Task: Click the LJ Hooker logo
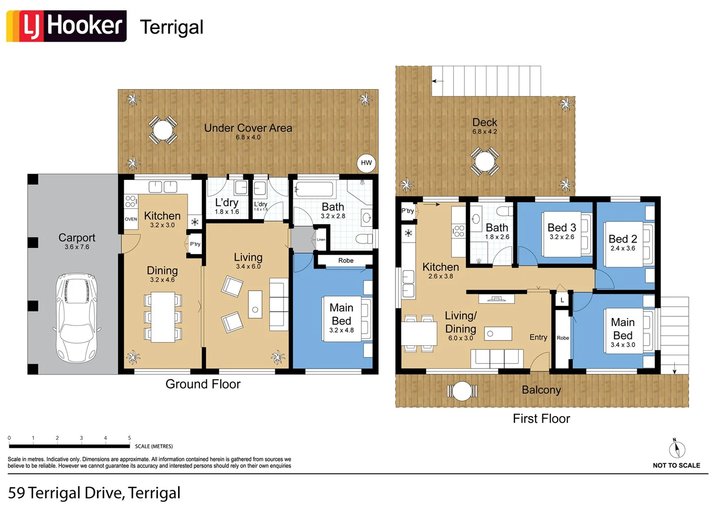(66, 26)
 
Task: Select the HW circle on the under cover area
(366, 163)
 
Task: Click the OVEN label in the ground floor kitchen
(131, 219)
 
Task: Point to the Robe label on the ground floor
(346, 260)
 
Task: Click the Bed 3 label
(561, 228)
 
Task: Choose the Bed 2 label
(622, 239)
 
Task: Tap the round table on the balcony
(462, 391)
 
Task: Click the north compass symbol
(676, 449)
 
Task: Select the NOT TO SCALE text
(676, 466)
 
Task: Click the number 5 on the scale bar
(129, 438)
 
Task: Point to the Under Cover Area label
(248, 128)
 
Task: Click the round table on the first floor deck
(485, 162)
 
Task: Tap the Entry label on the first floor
(538, 337)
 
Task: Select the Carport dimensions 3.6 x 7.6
(77, 247)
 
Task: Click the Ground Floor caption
(203, 384)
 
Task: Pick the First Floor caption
(541, 419)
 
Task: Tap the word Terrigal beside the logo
(172, 27)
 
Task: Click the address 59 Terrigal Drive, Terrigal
(94, 493)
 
